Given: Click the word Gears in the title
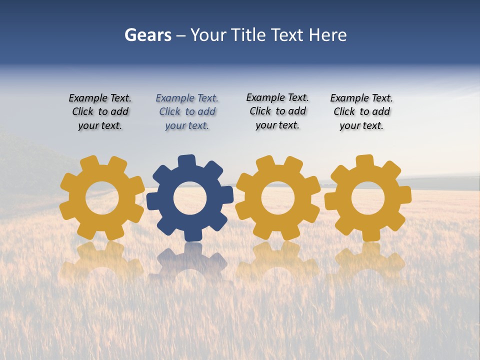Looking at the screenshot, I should [147, 35].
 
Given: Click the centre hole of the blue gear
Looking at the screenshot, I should [190, 198].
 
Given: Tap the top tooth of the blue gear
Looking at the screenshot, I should [186, 161].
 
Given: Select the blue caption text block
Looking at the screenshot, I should [187, 112].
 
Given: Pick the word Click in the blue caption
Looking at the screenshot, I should [169, 112].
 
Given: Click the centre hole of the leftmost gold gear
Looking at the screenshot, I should [102, 198].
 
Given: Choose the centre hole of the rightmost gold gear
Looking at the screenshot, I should [368, 198].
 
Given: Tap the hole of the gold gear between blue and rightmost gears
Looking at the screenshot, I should [277, 198].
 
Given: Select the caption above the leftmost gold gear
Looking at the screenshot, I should [100, 112].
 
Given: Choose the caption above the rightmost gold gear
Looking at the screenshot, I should [361, 112].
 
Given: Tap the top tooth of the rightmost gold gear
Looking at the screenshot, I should [364, 161].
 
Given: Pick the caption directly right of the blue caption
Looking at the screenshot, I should [277, 111].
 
